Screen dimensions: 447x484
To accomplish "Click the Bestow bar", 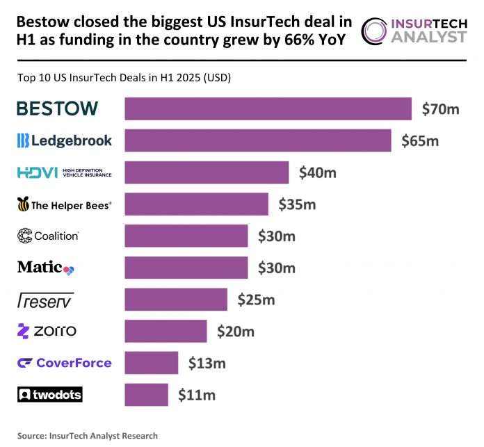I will [x=268, y=108].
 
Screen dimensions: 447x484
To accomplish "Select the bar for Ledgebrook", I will [x=257, y=140].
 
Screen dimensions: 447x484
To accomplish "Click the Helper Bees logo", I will [x=64, y=204].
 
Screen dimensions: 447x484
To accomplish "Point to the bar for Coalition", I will [x=186, y=236].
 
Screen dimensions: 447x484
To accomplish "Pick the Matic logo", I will [x=45, y=268].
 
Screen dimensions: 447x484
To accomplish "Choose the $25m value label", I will [x=256, y=300].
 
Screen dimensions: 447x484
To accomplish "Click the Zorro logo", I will [x=47, y=331].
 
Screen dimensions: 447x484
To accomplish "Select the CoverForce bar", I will [x=151, y=363].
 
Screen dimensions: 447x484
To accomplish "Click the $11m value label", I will [x=196, y=395].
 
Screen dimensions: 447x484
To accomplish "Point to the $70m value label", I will [x=441, y=108].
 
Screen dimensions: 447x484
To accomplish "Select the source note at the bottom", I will [x=88, y=436].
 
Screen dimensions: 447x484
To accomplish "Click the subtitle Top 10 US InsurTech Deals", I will [x=124, y=78].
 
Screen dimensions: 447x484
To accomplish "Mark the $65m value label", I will [x=420, y=140].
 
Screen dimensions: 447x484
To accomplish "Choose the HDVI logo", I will [x=64, y=172].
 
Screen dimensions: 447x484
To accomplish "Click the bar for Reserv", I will [x=175, y=300].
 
